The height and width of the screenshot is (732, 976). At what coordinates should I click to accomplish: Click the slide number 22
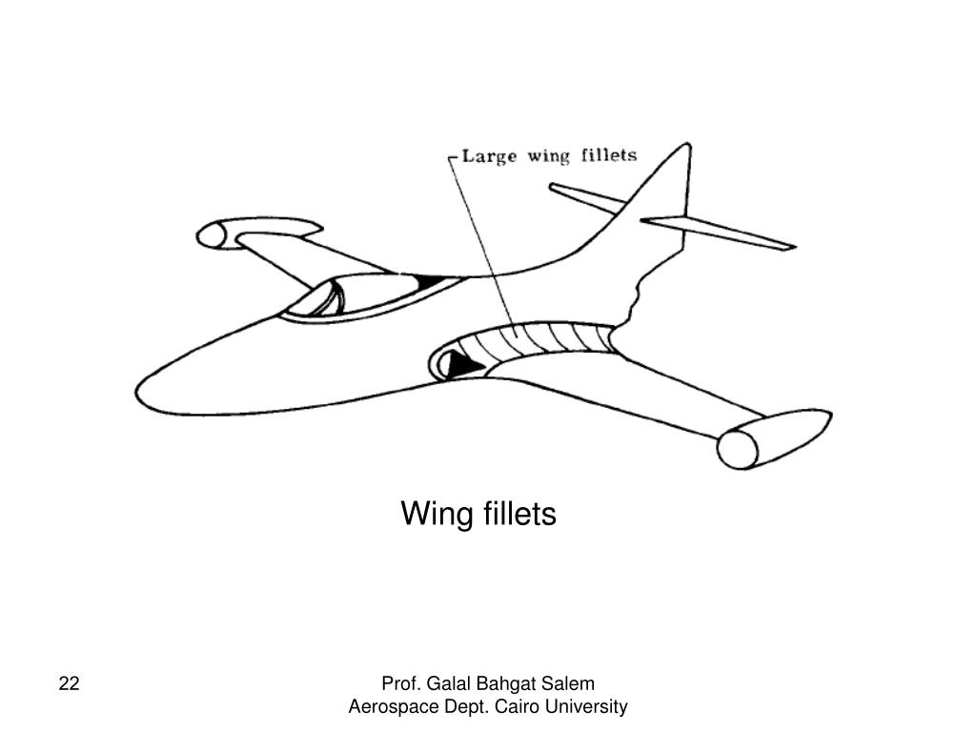click(69, 683)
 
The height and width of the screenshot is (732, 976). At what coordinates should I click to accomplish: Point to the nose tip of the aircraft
click(139, 393)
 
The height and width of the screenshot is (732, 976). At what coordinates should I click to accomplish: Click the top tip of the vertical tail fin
click(685, 147)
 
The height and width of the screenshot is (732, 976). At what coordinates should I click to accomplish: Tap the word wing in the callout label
click(550, 155)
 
